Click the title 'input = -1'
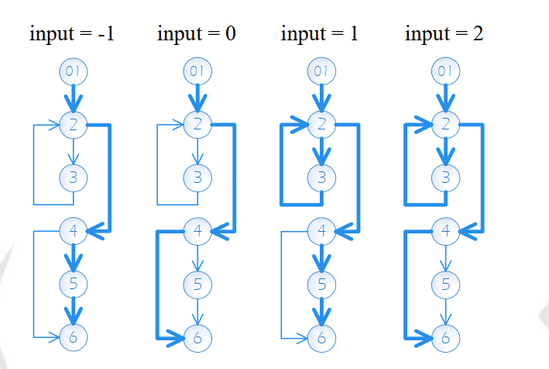click(x=72, y=34)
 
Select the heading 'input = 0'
click(x=197, y=34)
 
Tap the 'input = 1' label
click(x=319, y=34)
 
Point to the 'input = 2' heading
click(x=444, y=34)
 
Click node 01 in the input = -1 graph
click(x=74, y=72)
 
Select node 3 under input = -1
click(x=74, y=178)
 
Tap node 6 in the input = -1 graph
click(x=74, y=337)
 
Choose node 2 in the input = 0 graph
click(x=197, y=124)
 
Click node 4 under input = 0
click(x=197, y=231)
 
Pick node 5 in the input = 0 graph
click(x=197, y=285)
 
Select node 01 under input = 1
click(x=321, y=71)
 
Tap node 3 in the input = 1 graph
click(x=321, y=178)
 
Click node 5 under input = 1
click(x=321, y=285)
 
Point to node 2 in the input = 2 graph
click(x=445, y=124)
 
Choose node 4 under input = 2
click(x=445, y=231)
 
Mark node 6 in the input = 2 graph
click(x=445, y=338)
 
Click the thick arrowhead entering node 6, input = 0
click(x=176, y=338)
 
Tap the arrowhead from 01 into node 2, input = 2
click(x=445, y=103)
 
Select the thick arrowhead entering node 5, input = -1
click(x=74, y=263)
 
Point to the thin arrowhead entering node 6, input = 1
click(x=302, y=339)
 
